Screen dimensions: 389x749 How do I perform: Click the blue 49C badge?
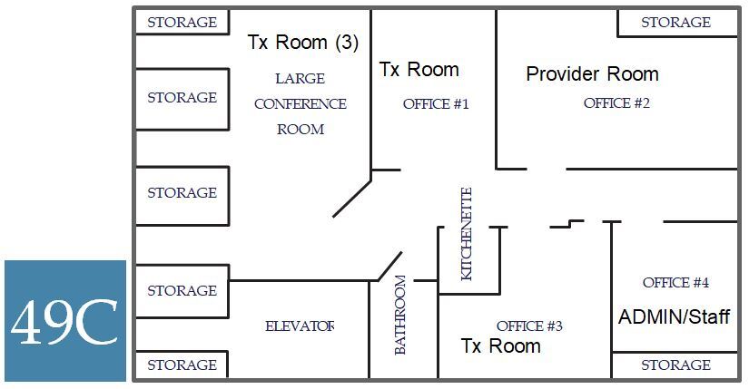[64, 320]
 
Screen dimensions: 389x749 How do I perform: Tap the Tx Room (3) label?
[303, 43]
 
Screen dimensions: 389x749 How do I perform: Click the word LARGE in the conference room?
[300, 79]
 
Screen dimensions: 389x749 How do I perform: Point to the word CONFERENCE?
[300, 104]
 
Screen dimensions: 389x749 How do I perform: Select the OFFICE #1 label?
[436, 104]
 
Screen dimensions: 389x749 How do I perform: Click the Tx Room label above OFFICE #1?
[419, 70]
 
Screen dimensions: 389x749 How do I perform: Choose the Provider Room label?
[592, 74]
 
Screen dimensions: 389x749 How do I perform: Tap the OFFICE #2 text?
[616, 103]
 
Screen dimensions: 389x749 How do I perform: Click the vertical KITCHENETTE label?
[467, 233]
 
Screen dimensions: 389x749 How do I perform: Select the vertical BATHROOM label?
[400, 315]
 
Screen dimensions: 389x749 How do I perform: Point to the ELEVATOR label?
[300, 326]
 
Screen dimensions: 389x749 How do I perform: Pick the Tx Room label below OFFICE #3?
[500, 346]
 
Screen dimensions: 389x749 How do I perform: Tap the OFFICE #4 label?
[675, 283]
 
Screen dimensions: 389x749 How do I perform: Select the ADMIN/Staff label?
[674, 317]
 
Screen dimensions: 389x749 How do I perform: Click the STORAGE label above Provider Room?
[675, 23]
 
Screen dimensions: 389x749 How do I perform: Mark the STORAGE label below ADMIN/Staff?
[675, 365]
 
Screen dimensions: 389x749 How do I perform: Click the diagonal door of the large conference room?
[352, 198]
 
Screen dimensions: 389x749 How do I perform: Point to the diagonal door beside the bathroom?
[389, 266]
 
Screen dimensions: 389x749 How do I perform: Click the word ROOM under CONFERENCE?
[300, 130]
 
